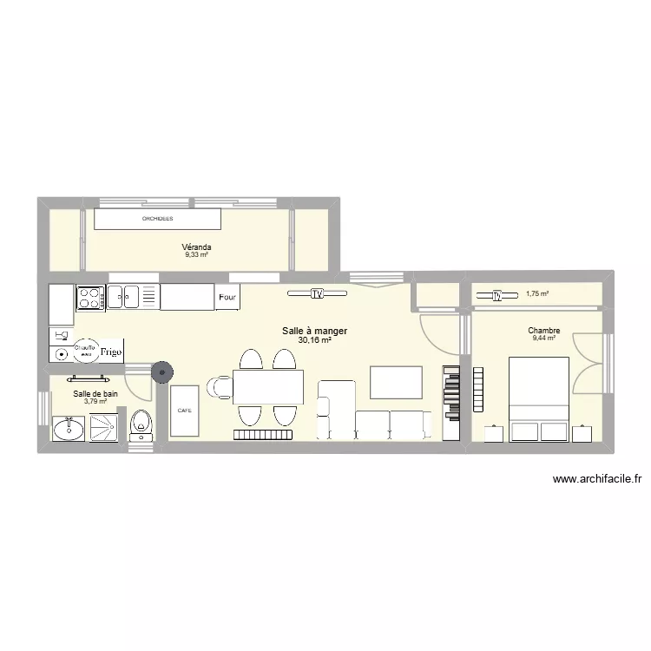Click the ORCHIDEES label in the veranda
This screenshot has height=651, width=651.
click(x=157, y=219)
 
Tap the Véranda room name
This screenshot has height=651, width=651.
click(x=197, y=247)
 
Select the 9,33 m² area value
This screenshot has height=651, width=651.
click(x=197, y=255)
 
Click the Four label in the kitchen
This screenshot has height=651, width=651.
click(x=227, y=298)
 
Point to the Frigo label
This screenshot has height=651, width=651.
click(x=109, y=352)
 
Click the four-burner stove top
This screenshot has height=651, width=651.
click(x=89, y=297)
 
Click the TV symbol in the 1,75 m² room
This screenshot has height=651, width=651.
click(x=497, y=295)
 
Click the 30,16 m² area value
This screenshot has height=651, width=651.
click(x=314, y=340)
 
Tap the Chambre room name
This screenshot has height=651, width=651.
click(x=544, y=331)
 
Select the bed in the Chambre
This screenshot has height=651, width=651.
click(x=538, y=399)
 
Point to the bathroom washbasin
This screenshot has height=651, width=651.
click(x=69, y=428)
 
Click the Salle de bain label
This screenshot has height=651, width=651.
click(x=95, y=393)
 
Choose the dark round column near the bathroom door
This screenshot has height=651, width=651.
click(x=162, y=372)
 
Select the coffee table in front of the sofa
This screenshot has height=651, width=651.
click(x=396, y=382)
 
